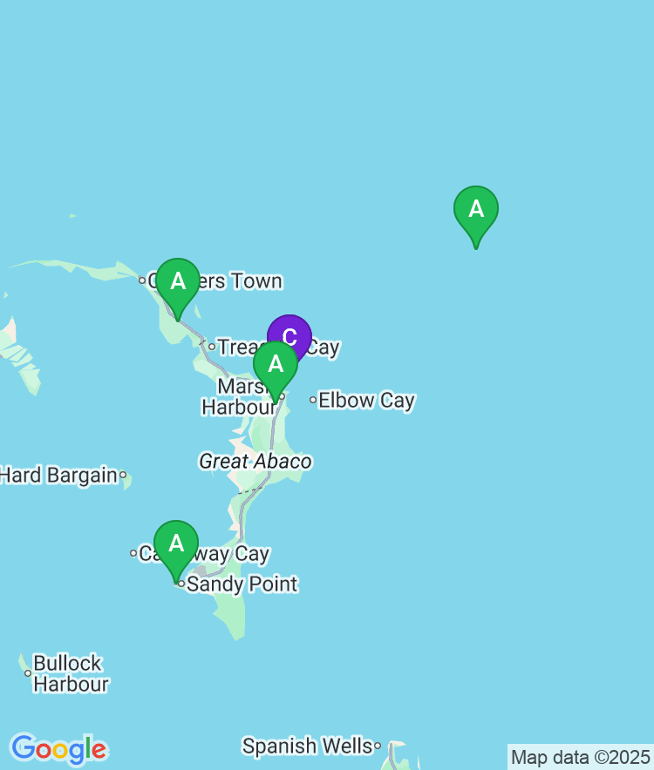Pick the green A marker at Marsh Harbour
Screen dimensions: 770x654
click(x=276, y=366)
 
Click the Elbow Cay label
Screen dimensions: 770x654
click(x=366, y=401)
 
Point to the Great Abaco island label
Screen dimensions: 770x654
click(x=255, y=462)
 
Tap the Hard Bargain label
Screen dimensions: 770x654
click(x=58, y=475)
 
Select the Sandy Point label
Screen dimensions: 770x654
click(x=242, y=584)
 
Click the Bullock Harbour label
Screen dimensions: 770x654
click(x=70, y=673)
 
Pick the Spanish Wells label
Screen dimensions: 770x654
click(x=306, y=746)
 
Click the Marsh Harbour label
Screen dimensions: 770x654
click(x=239, y=397)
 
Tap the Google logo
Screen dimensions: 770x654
click(x=58, y=748)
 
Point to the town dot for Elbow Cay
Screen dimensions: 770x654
click(x=313, y=401)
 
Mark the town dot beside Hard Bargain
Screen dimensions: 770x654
click(x=123, y=475)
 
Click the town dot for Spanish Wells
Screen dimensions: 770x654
click(x=378, y=746)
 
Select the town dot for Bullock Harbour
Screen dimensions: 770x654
click(x=28, y=673)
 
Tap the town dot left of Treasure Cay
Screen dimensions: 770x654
click(x=211, y=347)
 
